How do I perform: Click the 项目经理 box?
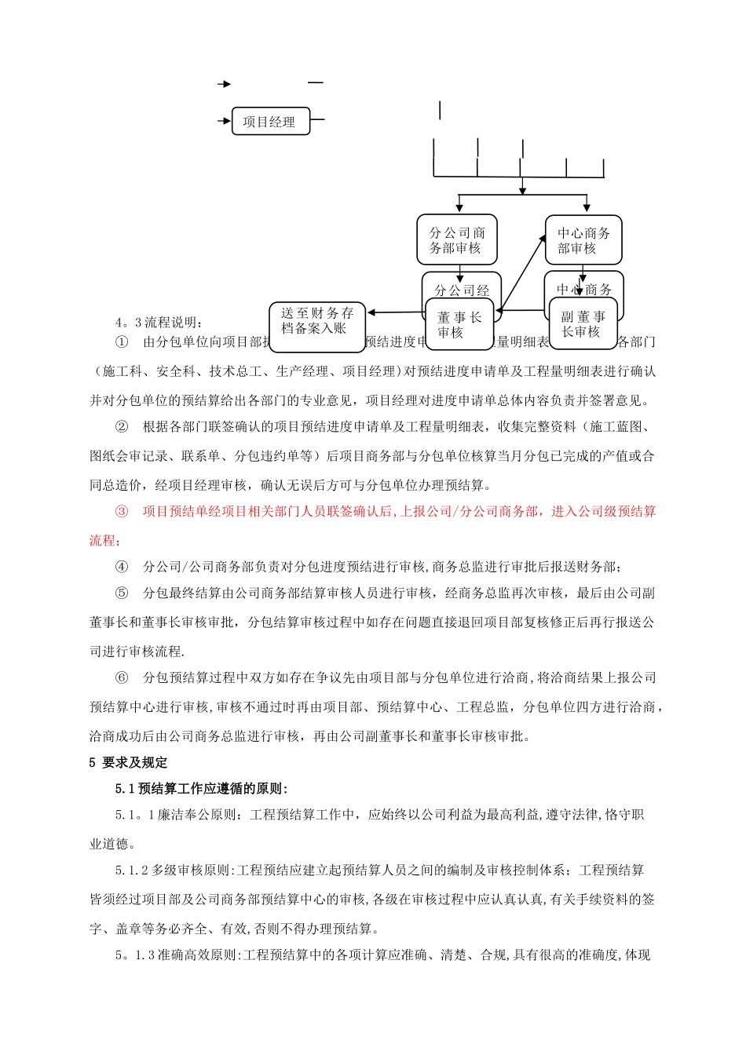pyautogui.click(x=270, y=122)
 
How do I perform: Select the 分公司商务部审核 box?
pyautogui.click(x=456, y=239)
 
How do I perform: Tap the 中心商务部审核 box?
pyautogui.click(x=583, y=240)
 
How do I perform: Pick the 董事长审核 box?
pyautogui.click(x=459, y=323)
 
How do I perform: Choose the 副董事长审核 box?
pyautogui.click(x=583, y=323)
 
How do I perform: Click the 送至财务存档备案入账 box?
pyautogui.click(x=316, y=320)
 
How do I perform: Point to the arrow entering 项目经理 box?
pyautogui.click(x=224, y=122)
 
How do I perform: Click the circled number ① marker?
pyautogui.click(x=122, y=342)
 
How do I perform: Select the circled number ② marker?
pyautogui.click(x=122, y=427)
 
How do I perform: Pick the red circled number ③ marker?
pyautogui.click(x=122, y=512)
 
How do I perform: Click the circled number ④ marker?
pyautogui.click(x=122, y=567)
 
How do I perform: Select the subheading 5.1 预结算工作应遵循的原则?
pyautogui.click(x=201, y=789)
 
